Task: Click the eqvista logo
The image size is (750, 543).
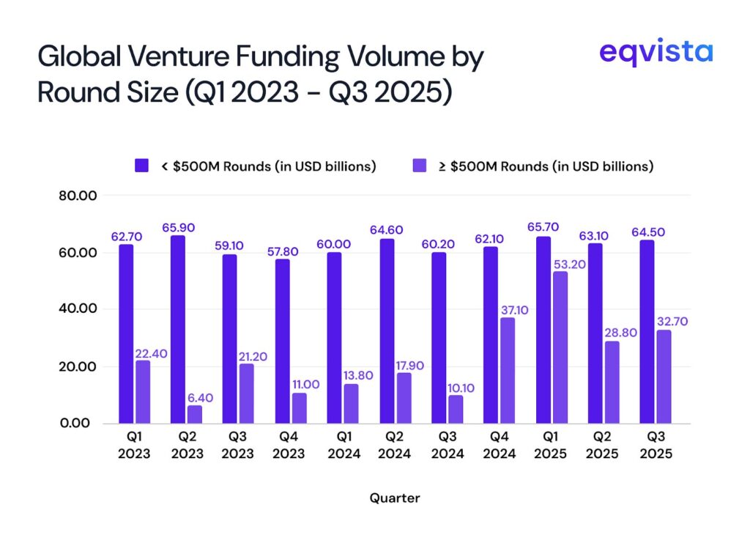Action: pos(656,53)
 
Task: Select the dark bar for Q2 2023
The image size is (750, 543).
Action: pos(178,329)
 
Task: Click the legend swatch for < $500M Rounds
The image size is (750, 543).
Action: pos(141,166)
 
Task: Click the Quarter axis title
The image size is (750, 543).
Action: pos(395,498)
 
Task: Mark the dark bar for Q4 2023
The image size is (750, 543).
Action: pos(282,341)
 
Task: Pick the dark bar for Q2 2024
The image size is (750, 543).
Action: pos(386,330)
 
